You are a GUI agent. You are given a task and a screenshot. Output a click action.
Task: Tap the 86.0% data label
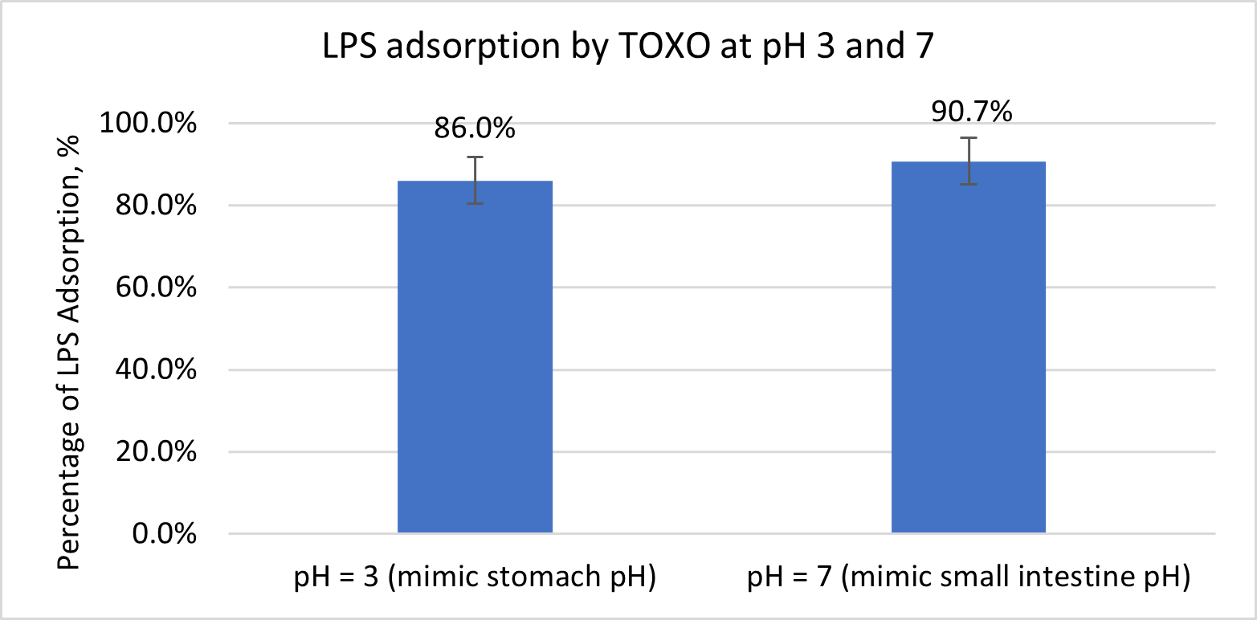tap(475, 128)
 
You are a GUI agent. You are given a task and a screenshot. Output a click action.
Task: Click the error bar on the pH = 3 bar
tap(475, 180)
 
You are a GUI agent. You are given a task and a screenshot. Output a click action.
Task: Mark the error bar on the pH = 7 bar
tap(969, 161)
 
